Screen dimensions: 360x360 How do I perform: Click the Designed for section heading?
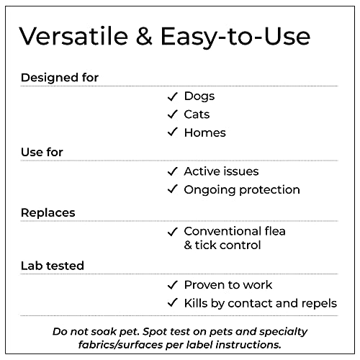tap(60, 77)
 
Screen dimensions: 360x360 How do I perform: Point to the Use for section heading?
tap(42, 152)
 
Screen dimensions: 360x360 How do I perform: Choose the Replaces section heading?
tap(48, 212)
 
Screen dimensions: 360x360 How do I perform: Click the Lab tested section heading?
tap(52, 266)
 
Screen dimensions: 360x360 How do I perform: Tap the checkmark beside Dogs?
tap(172, 96)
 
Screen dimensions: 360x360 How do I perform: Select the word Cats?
tap(197, 114)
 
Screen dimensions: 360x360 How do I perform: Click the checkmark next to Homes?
tap(172, 132)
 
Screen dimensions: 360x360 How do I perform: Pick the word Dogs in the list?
tap(199, 96)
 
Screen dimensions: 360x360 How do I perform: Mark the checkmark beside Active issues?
tap(172, 171)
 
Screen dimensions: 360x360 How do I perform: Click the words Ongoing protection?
tap(242, 189)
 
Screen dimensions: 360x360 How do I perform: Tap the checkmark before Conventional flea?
tap(172, 231)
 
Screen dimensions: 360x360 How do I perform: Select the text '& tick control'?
tap(222, 245)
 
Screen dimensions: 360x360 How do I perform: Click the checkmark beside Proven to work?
tap(172, 285)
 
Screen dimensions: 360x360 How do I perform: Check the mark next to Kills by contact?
tap(172, 303)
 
